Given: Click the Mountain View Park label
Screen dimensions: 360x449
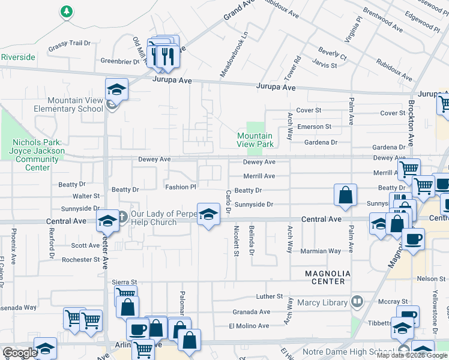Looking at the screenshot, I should [x=255, y=140].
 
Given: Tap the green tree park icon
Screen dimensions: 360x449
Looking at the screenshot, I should [x=67, y=11].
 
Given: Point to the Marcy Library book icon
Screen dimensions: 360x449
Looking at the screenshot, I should [x=357, y=301].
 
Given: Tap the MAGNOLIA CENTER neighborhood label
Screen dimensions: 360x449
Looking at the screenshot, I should [x=325, y=277].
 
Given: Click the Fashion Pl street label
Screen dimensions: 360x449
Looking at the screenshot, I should [x=181, y=187].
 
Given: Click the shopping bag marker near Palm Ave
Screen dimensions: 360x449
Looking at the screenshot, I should [x=346, y=196].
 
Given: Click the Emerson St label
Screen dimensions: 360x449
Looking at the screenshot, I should [x=315, y=127].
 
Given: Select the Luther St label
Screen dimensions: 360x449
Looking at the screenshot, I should [x=269, y=296].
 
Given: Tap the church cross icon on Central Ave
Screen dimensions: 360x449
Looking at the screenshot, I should [x=121, y=215].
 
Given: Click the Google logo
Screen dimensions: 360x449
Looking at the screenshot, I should [x=20, y=353].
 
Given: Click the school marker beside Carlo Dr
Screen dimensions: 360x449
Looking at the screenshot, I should [x=208, y=214].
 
